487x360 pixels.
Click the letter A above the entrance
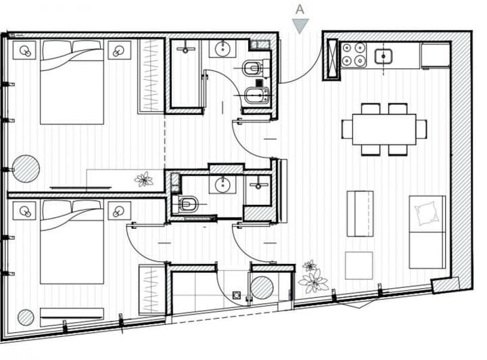pyautogui.click(x=300, y=9)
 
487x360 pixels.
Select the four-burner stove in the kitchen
pyautogui.click(x=353, y=55)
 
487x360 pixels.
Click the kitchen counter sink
pyautogui.click(x=385, y=55)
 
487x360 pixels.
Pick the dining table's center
pyautogui.click(x=384, y=129)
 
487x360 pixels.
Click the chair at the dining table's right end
pyautogui.click(x=421, y=129)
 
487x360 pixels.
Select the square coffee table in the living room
pyautogui.click(x=358, y=265)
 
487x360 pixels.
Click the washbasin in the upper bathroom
pyautogui.click(x=223, y=49)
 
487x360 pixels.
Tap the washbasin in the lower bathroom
pyautogui.click(x=222, y=185)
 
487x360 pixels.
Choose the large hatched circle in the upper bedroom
pyautogui.click(x=26, y=168)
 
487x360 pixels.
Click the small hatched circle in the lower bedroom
pyautogui.click(x=26, y=317)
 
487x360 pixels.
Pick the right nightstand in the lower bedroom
pyautogui.click(x=120, y=210)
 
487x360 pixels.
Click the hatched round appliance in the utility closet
pyautogui.click(x=262, y=289)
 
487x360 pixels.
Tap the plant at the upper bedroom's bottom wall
pyautogui.click(x=143, y=179)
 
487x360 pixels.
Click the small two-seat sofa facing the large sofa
pyautogui.click(x=360, y=213)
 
